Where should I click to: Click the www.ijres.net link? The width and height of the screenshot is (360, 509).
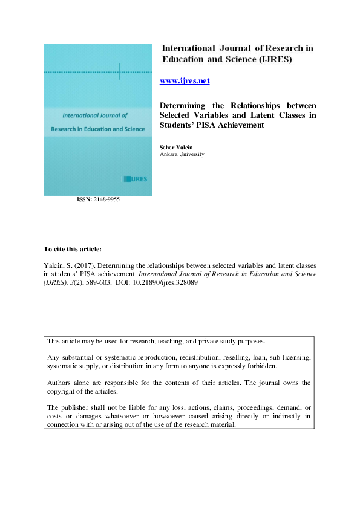184,81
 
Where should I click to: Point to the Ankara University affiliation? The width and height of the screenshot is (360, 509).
182,154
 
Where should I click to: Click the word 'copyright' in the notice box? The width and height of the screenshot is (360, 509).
65,391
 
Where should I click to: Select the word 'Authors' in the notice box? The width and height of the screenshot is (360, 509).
61,383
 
